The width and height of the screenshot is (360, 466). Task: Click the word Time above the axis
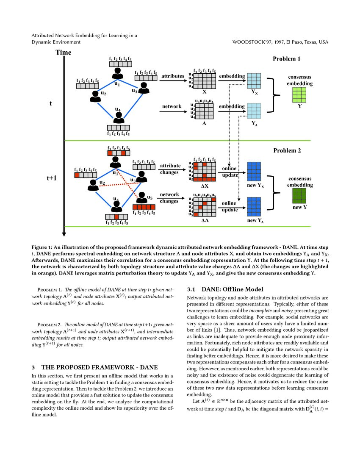coord(63,53)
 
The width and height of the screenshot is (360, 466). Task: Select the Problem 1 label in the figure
coord(286,59)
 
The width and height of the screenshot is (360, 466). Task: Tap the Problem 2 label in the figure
coord(287,150)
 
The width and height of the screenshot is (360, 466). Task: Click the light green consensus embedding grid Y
coord(299,95)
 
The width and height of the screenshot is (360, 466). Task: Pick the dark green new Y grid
coord(299,196)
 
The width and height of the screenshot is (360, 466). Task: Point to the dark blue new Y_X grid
coord(254,172)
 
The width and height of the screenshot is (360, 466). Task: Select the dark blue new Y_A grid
coord(254,207)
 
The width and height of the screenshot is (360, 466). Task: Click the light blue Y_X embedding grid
coord(254,80)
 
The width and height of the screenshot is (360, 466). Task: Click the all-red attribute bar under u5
coord(144,207)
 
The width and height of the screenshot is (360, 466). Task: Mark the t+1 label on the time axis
coord(52,178)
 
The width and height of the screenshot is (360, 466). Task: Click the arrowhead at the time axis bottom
coord(64,233)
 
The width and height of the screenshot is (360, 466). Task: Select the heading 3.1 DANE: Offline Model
coord(225,289)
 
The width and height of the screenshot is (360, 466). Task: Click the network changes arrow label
coord(169,198)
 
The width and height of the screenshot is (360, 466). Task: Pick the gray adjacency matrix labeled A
coord(204,112)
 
